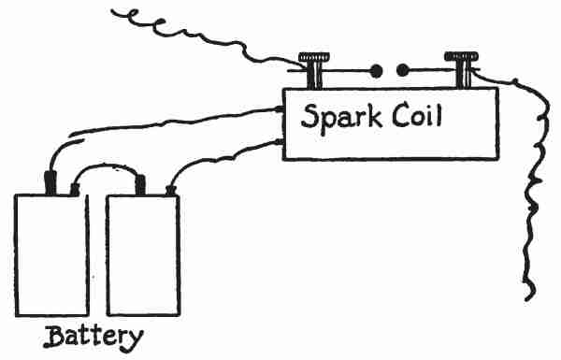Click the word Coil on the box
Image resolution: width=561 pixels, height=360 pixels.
[x=417, y=114]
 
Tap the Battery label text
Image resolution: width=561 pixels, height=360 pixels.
[x=93, y=338]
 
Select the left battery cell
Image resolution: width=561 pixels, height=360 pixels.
[x=51, y=255]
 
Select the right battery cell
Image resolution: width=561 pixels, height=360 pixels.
[x=143, y=255]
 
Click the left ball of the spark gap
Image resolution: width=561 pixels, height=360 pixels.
[x=376, y=71]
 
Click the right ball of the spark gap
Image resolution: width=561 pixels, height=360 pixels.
[x=402, y=70]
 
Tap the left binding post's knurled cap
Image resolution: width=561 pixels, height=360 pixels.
[x=314, y=57]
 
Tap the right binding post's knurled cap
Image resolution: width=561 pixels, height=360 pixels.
[x=461, y=56]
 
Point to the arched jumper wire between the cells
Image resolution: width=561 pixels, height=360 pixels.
[x=106, y=166]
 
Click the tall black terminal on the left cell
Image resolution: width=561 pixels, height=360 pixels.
[x=50, y=183]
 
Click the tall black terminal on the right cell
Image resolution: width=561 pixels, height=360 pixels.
[x=140, y=185]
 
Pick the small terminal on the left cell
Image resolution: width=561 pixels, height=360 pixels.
[x=75, y=190]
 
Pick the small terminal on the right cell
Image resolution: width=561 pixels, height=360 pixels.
[x=171, y=191]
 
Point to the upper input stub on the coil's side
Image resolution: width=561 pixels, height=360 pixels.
[x=280, y=108]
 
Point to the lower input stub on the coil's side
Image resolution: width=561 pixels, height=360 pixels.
[x=280, y=142]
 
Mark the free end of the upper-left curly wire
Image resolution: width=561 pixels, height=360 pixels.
[x=112, y=11]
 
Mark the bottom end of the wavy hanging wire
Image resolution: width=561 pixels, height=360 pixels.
[x=526, y=299]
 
